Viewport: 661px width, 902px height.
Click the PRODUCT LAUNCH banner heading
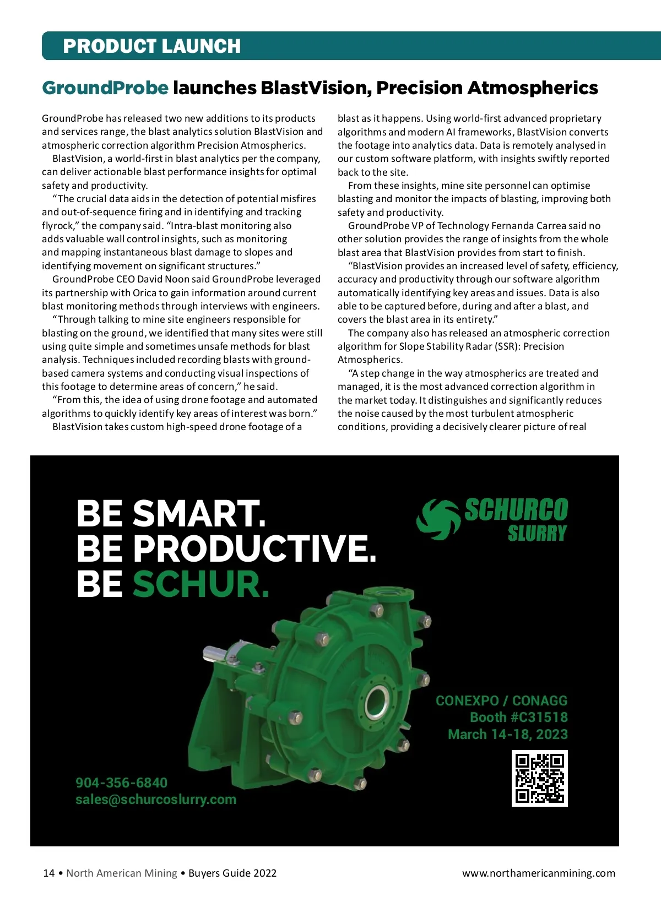click(151, 46)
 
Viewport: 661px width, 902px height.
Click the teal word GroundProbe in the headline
click(105, 88)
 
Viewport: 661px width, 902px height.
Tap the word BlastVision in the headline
click(314, 88)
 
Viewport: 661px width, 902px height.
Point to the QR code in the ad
click(539, 778)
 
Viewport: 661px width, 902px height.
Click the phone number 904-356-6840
click(121, 783)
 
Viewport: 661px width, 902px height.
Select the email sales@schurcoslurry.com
click(156, 800)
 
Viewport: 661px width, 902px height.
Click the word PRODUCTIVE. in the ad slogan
click(254, 548)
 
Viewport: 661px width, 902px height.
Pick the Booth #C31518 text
click(518, 718)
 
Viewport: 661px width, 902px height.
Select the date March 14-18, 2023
click(507, 735)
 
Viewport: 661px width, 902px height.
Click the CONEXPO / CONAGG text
click(501, 701)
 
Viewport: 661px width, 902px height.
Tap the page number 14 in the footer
click(49, 873)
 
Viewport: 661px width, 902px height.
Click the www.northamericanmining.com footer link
click(538, 873)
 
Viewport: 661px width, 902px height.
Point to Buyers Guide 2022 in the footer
click(232, 873)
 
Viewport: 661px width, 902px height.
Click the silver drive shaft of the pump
click(218, 653)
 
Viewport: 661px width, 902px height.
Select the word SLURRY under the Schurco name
click(537, 534)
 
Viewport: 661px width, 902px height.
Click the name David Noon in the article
click(160, 279)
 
